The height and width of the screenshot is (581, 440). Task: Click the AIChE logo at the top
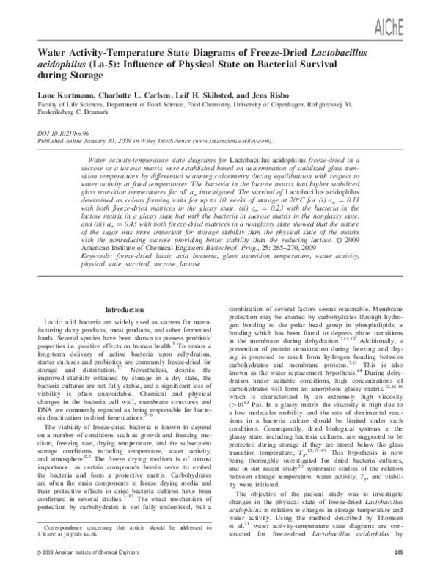click(x=411, y=15)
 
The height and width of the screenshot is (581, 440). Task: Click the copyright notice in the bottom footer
click(x=81, y=571)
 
